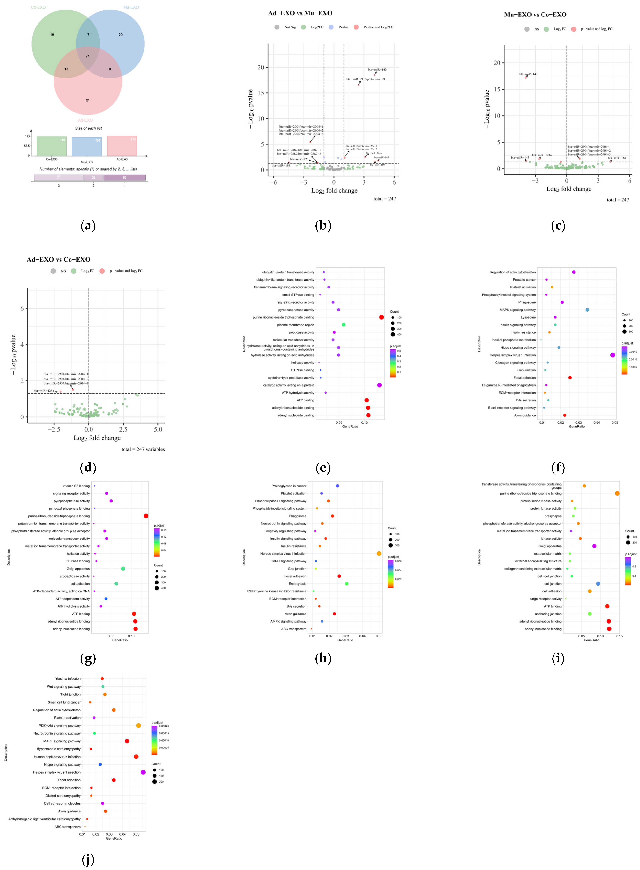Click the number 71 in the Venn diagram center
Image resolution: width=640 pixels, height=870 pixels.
pyautogui.click(x=87, y=56)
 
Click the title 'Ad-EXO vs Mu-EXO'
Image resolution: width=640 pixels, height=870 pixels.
pyautogui.click(x=300, y=13)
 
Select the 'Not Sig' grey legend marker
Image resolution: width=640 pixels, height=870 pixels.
pyautogui.click(x=277, y=27)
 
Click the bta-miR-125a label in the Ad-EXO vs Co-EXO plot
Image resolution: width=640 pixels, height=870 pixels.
pyautogui.click(x=44, y=391)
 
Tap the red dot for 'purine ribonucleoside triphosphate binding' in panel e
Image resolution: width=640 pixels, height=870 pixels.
pyautogui.click(x=381, y=317)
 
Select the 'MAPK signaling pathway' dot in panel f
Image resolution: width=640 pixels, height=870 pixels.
pyautogui.click(x=587, y=310)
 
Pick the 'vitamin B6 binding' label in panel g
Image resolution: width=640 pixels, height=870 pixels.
pyautogui.click(x=76, y=486)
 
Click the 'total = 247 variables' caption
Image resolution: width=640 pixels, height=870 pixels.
pyautogui.click(x=143, y=449)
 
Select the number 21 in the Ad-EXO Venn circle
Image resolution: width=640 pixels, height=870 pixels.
pyautogui.click(x=87, y=100)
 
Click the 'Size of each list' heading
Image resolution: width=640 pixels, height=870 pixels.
pyautogui.click(x=88, y=128)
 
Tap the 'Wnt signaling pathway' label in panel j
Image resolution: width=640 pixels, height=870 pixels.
pyautogui.click(x=64, y=686)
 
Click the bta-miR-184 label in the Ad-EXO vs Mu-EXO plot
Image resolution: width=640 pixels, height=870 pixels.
pyautogui.click(x=281, y=166)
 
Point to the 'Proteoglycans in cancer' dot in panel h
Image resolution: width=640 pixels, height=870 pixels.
pyautogui.click(x=337, y=486)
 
